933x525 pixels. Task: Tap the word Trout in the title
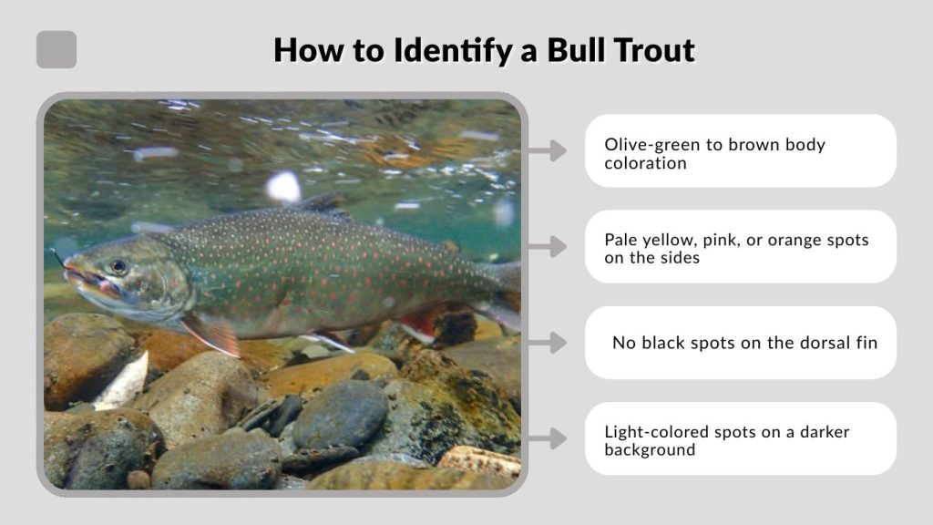click(655, 49)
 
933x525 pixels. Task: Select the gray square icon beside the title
click(56, 50)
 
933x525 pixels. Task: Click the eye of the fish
click(118, 267)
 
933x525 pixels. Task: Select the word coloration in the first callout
click(645, 163)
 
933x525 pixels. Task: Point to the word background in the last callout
click(650, 449)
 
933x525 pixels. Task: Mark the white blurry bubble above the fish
click(283, 187)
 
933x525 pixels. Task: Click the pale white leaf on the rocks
click(123, 381)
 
